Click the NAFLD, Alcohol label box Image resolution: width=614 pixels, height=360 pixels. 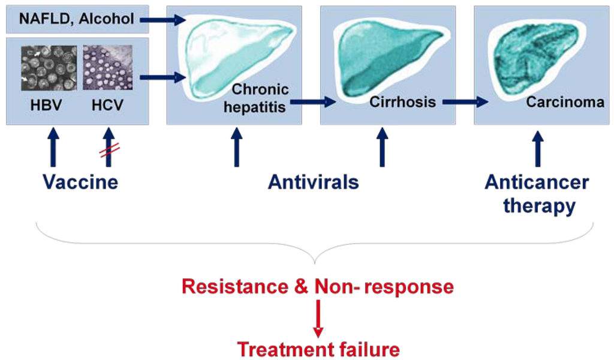(77, 19)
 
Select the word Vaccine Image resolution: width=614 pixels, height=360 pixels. (80, 181)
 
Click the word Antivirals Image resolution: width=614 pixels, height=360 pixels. (313, 181)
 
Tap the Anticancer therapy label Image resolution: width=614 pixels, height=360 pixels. (537, 193)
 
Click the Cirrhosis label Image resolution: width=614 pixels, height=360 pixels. (402, 101)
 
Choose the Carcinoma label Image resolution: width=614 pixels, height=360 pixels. (565, 102)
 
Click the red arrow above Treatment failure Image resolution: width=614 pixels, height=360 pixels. (318, 317)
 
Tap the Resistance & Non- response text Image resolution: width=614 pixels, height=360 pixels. (317, 287)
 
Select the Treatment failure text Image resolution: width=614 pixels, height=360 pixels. (318, 349)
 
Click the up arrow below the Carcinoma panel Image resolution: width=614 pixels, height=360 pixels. (538, 149)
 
